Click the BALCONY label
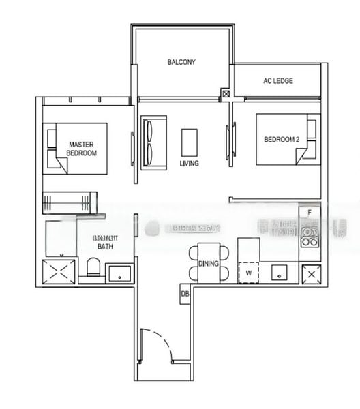click(181, 62)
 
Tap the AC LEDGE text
click(278, 80)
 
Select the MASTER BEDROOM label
click(81, 149)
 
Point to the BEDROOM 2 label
click(282, 140)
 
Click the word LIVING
click(189, 164)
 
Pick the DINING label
click(208, 263)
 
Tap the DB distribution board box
click(185, 294)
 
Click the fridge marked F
click(310, 213)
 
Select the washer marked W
click(248, 273)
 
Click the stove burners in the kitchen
click(310, 236)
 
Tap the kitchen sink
click(280, 273)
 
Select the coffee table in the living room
click(189, 142)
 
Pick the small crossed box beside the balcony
click(226, 93)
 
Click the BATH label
click(104, 246)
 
